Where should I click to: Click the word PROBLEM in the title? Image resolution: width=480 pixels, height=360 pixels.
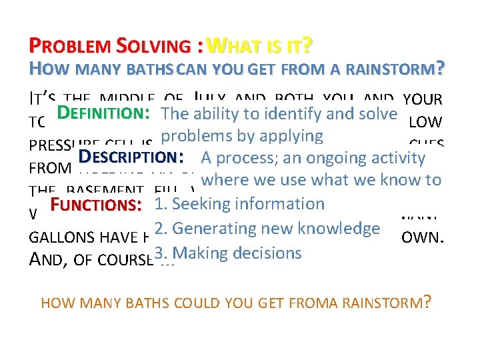point(71,47)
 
